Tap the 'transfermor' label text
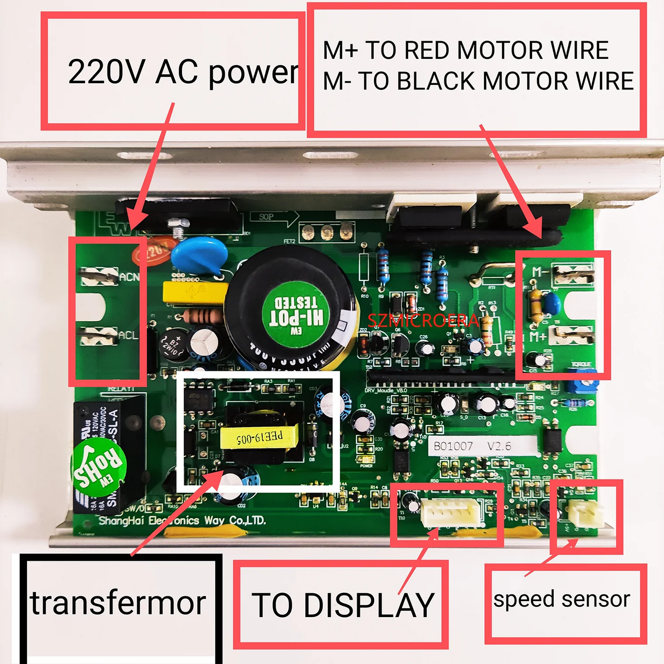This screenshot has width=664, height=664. click(118, 603)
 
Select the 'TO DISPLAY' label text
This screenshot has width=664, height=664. click(343, 605)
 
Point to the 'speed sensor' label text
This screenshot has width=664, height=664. click(562, 599)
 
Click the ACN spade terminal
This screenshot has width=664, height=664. click(99, 276)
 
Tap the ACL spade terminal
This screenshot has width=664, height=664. click(99, 336)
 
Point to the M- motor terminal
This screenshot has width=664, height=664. click(573, 274)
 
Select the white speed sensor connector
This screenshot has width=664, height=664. click(585, 513)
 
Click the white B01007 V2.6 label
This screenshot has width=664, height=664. click(482, 446)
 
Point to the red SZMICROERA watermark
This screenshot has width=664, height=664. click(423, 320)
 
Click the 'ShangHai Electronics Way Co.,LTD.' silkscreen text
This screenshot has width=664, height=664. click(182, 521)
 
